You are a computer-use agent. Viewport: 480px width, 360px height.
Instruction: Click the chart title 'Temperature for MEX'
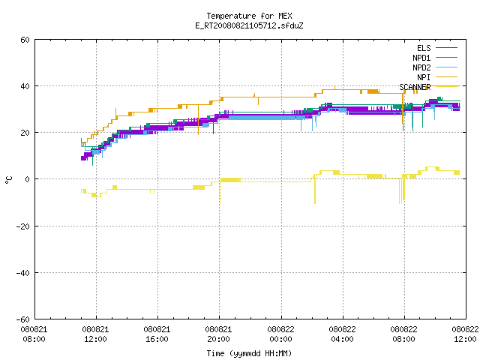249,16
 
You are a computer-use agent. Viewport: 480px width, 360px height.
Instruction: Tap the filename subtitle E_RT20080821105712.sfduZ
249,25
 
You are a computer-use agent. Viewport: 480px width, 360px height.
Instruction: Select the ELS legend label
424,48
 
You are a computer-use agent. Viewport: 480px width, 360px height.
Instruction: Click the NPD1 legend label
421,58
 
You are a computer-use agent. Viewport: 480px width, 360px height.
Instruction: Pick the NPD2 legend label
421,67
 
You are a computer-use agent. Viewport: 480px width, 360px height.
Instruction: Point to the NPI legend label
424,77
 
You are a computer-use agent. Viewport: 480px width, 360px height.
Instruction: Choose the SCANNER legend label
415,87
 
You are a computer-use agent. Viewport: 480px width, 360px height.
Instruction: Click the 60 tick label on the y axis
25,40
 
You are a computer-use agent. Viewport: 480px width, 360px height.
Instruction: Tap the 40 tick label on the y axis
25,86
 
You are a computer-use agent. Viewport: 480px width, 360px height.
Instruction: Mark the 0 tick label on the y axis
27,179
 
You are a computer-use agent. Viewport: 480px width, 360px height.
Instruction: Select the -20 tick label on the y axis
23,226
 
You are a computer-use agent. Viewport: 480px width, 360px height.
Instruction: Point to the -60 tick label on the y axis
23,319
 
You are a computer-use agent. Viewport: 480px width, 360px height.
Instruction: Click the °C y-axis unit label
8,180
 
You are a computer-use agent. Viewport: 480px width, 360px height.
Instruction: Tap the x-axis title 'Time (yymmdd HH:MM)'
249,353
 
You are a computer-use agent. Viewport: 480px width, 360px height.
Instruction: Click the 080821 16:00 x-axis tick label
157,334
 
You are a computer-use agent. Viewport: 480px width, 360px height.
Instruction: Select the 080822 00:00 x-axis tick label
280,334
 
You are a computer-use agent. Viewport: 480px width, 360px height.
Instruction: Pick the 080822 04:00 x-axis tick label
342,334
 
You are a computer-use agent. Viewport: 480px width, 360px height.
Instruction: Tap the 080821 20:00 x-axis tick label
218,334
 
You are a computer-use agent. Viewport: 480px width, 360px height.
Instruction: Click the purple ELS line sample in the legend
446,48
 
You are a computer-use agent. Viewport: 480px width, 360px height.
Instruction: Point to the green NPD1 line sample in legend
446,57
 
